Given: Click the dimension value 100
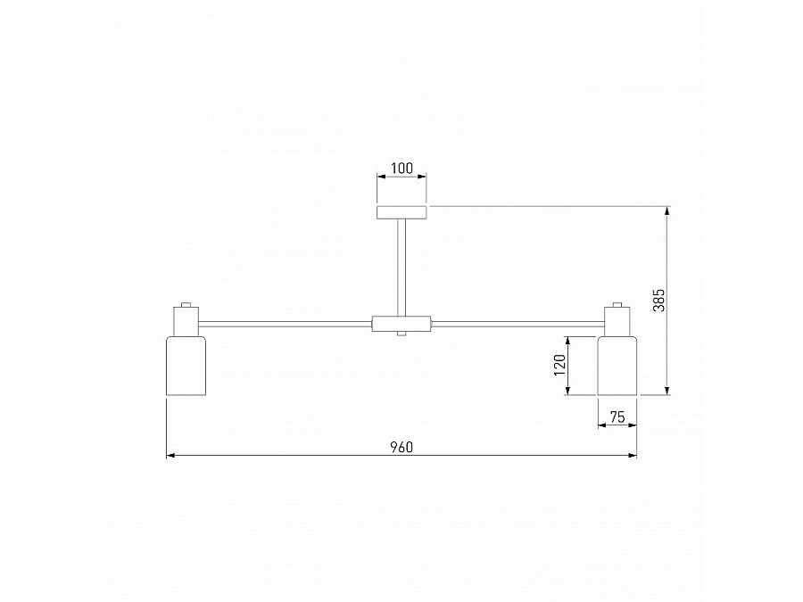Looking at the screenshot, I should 401,168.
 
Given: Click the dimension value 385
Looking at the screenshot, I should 658,300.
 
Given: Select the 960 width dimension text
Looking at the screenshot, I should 401,447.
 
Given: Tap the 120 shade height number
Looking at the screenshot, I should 559,365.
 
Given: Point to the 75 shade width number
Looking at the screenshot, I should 617,416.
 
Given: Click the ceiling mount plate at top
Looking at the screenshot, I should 401,211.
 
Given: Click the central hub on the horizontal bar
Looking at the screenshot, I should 401,323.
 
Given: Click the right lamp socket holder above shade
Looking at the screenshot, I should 618,320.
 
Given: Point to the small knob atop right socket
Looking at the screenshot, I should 617,304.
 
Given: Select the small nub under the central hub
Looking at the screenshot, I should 401,335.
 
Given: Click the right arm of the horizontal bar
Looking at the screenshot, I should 517,323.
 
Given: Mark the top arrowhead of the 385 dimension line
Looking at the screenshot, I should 667,210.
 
